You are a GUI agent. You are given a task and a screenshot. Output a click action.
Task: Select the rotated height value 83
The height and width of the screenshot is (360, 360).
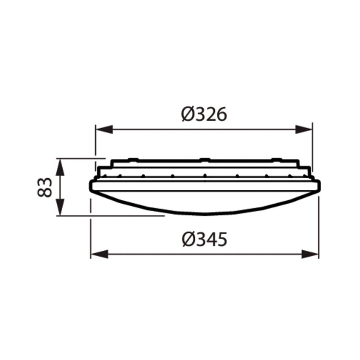(45, 187)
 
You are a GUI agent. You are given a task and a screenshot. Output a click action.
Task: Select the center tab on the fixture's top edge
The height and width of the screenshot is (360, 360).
(205, 160)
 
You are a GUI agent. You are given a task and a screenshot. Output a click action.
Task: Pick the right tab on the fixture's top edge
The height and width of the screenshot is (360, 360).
(277, 160)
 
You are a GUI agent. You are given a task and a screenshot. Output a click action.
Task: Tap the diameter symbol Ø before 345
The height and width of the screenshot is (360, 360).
(189, 240)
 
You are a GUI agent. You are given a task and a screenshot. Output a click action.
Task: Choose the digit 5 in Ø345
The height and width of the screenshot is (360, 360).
(221, 240)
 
